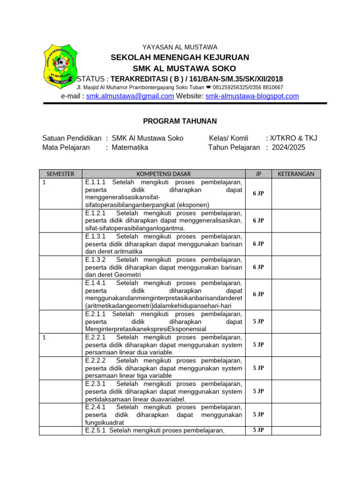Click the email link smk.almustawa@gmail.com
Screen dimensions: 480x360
(130, 96)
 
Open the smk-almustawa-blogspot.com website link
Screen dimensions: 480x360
(252, 96)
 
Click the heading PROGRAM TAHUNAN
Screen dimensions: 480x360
(180, 121)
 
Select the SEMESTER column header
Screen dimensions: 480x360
(60, 174)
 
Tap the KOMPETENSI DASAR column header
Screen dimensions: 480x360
(164, 174)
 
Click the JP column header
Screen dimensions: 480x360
(258, 174)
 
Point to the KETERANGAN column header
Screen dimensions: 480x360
(296, 174)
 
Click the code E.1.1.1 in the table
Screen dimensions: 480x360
(96, 182)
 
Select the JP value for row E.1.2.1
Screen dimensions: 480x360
(258, 220)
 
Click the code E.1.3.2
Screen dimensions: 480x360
(96, 260)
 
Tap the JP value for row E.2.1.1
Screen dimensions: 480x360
(258, 322)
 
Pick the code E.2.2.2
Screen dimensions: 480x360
(96, 360)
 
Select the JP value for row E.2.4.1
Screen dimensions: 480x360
(258, 414)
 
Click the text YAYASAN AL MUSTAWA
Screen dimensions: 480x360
(180, 47)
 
